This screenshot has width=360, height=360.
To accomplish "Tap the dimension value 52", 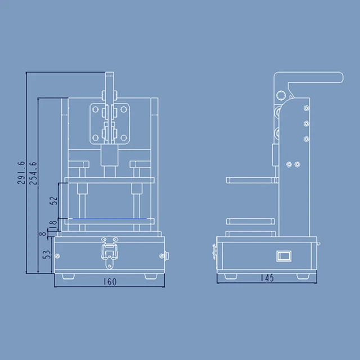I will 53,200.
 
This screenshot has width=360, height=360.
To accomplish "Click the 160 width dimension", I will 111,282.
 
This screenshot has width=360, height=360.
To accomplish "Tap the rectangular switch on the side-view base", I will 283,256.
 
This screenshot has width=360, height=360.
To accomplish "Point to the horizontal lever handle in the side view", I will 315,78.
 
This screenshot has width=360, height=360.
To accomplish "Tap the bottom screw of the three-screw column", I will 305,137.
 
